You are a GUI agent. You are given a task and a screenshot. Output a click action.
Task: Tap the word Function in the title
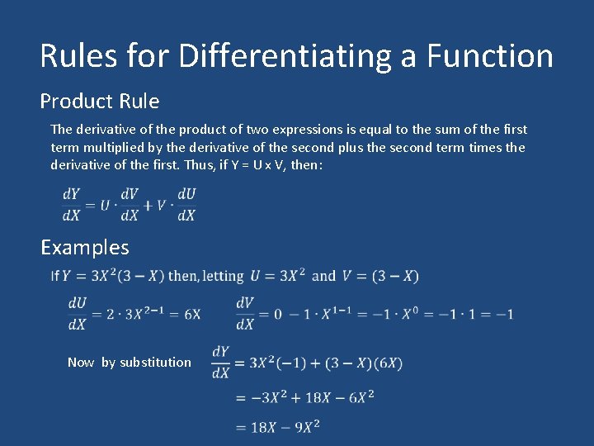490,56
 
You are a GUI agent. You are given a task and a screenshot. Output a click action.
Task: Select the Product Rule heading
100,102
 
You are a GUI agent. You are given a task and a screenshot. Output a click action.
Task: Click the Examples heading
85,247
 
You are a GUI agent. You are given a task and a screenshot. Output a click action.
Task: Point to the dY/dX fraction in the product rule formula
72,205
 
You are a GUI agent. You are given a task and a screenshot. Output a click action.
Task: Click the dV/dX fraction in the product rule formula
130,205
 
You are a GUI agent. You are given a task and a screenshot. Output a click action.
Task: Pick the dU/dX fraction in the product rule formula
186,205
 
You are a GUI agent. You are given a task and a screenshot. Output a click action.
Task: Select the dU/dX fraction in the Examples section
78,314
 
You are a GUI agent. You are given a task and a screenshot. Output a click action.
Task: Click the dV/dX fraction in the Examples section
244,314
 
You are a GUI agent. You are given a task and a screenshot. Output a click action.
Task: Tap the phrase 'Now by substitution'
130,362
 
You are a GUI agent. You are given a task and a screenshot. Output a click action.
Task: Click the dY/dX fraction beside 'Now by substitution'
220,362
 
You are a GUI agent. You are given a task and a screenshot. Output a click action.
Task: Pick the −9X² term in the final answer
300,427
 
